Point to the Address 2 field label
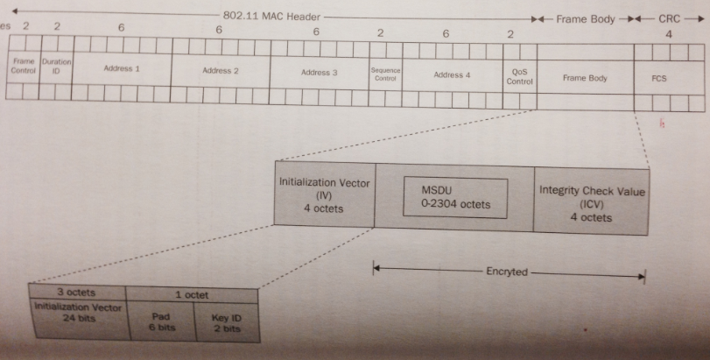pos(220,70)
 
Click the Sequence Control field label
pos(385,73)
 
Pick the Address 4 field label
pos(452,75)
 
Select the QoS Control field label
pos(519,77)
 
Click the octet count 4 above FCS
pos(669,36)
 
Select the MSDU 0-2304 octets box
pos(454,198)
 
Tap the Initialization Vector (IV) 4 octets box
pos(324,195)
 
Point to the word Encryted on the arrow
pos(507,272)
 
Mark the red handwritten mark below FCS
pos(663,124)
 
